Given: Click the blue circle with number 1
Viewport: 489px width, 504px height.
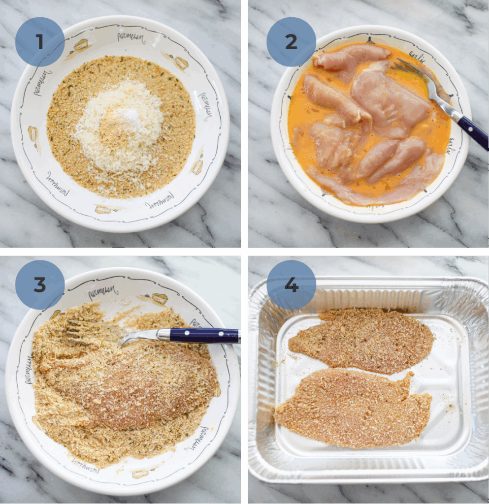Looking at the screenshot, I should click(39, 42).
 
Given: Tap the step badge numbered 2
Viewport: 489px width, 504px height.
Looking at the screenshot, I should click(291, 42).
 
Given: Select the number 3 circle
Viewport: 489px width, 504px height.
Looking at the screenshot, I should click(39, 285).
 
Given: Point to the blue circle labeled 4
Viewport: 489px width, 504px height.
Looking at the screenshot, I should click(291, 285).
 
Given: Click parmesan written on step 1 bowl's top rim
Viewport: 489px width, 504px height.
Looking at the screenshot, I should click(131, 37).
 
